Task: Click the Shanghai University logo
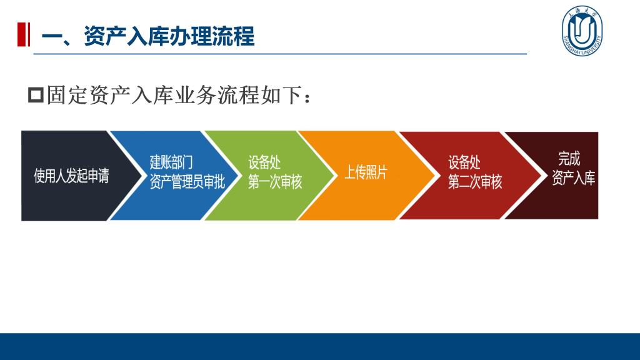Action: tap(582, 31)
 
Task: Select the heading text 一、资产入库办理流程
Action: tap(148, 36)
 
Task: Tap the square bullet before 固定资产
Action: tap(36, 95)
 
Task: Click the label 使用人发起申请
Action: tap(71, 176)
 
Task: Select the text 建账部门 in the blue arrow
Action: tap(171, 162)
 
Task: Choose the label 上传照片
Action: tap(366, 172)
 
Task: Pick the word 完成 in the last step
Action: tap(569, 158)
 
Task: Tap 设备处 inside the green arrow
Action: tap(264, 162)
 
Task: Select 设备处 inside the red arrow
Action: tap(464, 162)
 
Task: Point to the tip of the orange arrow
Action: tap(434, 176)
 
